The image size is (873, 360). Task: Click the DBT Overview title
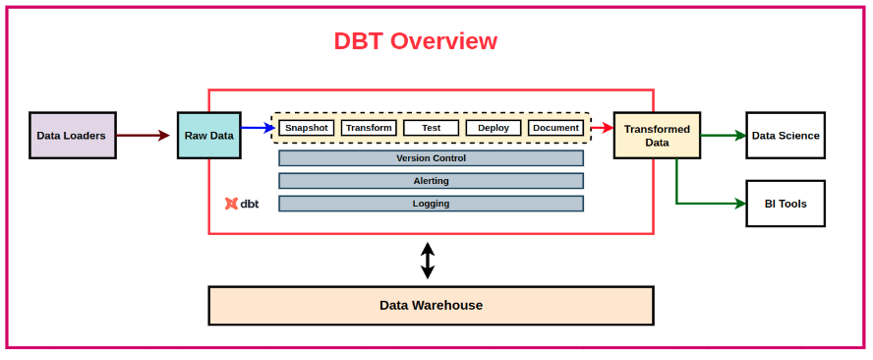pos(415,41)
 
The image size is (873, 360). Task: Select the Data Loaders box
pos(73,136)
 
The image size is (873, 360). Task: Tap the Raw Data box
pos(208,136)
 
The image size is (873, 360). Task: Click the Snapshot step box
pos(306,128)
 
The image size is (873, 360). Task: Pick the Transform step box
pos(369,128)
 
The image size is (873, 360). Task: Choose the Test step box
pos(431,128)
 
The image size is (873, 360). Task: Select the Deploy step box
pos(494,128)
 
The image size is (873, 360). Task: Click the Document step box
pos(555,128)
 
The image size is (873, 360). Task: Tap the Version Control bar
pos(431,158)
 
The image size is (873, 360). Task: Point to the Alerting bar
pos(431,181)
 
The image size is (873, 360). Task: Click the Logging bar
pos(431,204)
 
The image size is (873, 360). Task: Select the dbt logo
pos(242,204)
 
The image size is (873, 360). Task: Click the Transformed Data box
pos(657,136)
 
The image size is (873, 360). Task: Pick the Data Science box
pos(786,136)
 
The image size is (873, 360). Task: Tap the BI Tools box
pos(786,204)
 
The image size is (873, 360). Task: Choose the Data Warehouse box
pos(431,306)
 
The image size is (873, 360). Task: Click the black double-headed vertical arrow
pos(428,261)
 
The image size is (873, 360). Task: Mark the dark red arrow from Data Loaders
pos(144,136)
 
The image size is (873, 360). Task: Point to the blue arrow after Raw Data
pos(258,128)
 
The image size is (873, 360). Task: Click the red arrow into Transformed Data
pos(602,128)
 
